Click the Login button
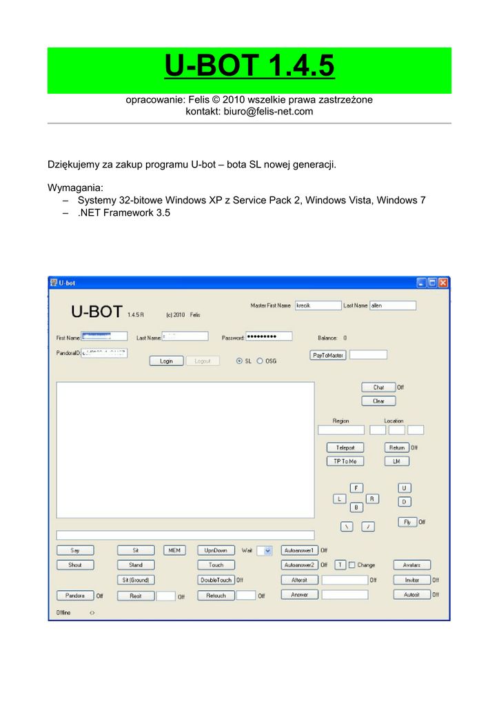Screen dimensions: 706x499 (x=167, y=361)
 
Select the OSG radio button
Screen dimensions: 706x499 (x=260, y=361)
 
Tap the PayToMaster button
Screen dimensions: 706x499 (x=327, y=355)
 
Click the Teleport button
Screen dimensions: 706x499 (x=345, y=447)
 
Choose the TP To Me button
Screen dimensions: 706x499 (x=345, y=461)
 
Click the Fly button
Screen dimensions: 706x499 (x=407, y=522)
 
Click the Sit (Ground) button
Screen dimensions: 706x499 (x=136, y=580)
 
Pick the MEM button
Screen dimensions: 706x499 (x=174, y=550)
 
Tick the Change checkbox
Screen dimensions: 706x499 (x=352, y=565)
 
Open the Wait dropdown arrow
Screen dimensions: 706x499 (x=267, y=550)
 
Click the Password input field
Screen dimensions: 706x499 (x=268, y=336)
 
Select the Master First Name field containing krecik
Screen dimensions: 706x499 (x=318, y=305)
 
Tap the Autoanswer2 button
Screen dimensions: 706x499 (x=299, y=565)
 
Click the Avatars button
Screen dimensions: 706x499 (x=411, y=565)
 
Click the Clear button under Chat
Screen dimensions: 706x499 (x=378, y=401)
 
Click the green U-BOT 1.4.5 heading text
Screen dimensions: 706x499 (x=250, y=67)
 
